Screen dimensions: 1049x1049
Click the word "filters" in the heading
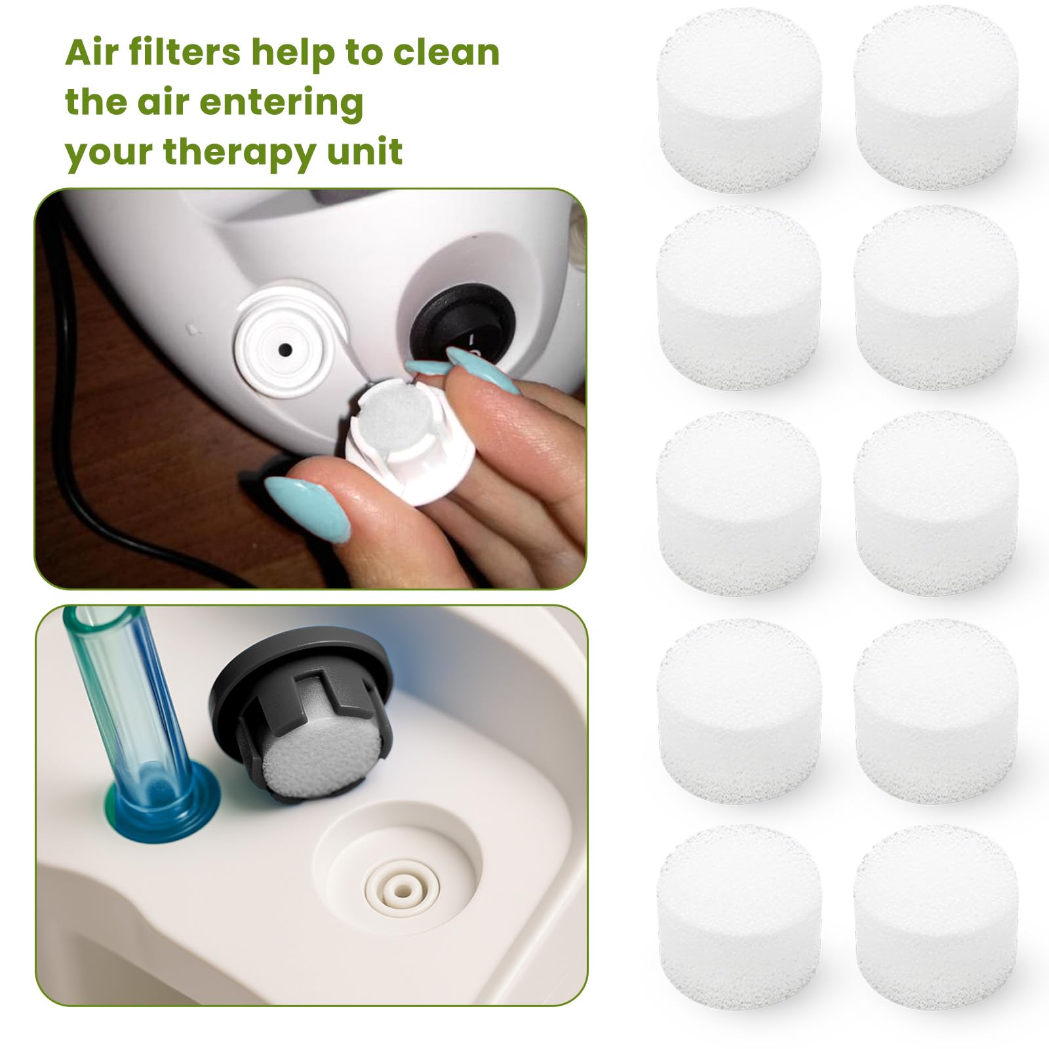tap(186, 52)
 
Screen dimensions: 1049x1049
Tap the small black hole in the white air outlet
tap(285, 349)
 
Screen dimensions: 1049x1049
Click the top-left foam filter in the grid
tap(739, 100)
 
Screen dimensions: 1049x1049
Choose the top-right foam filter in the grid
tap(936, 98)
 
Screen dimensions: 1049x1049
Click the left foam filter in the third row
tap(739, 504)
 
